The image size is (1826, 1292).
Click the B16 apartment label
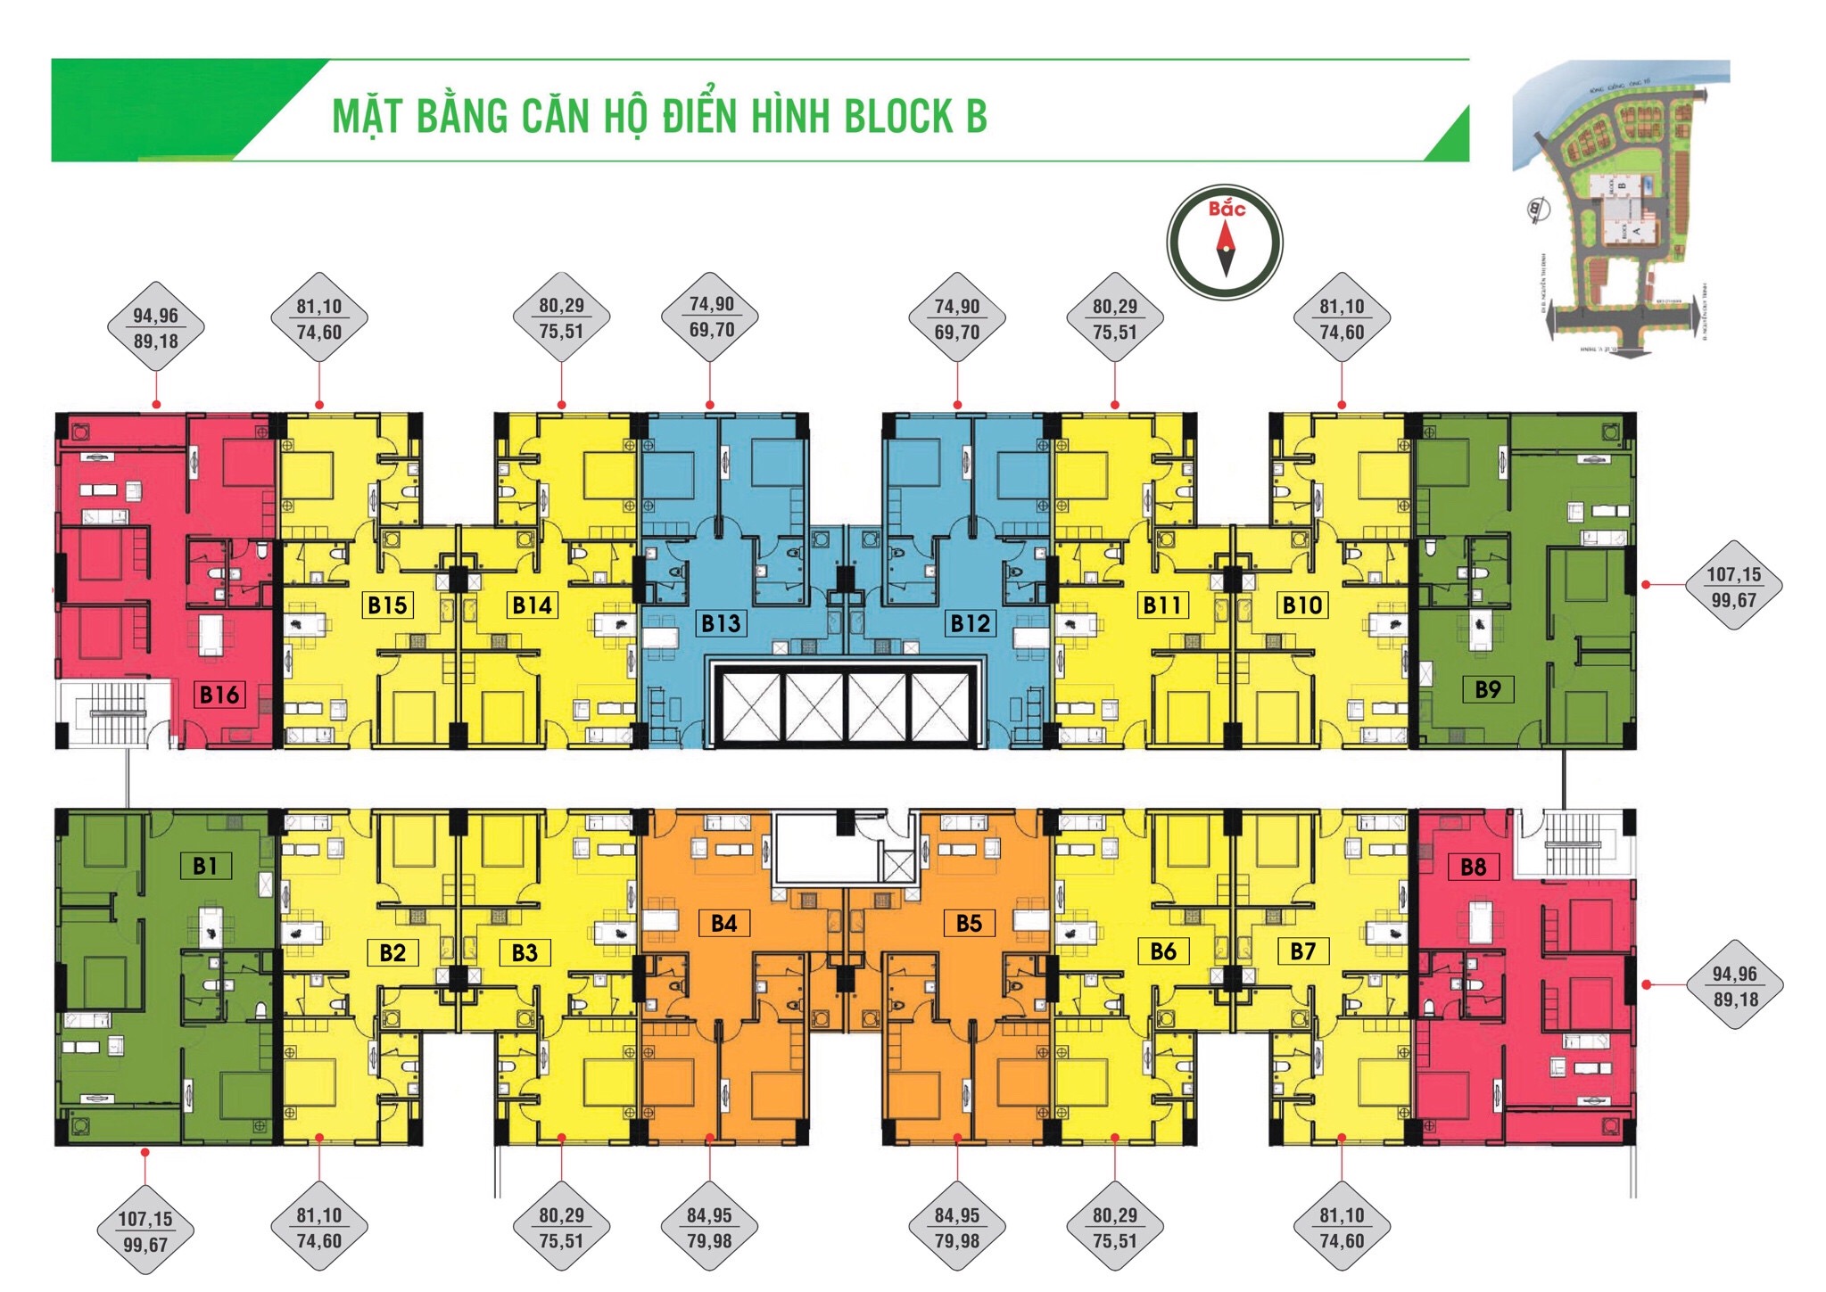(x=219, y=695)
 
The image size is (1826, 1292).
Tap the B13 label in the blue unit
(x=721, y=623)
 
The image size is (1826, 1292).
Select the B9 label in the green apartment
(x=1488, y=689)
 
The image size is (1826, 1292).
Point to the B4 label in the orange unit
(x=724, y=923)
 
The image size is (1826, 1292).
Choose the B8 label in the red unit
(x=1474, y=867)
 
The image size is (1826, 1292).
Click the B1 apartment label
(x=205, y=866)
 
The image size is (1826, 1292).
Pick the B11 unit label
(x=1162, y=605)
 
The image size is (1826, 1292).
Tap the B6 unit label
(x=1163, y=951)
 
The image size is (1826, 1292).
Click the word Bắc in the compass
(x=1227, y=210)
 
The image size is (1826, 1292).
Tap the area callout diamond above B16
(x=156, y=328)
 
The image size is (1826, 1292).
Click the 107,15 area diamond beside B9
(x=1733, y=587)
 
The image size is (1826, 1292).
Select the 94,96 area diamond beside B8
(x=1734, y=986)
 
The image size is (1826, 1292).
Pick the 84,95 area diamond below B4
(x=709, y=1228)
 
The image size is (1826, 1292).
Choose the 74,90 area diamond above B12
(x=957, y=318)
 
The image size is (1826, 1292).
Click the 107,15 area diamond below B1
(x=145, y=1231)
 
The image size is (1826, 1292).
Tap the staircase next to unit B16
(x=113, y=713)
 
